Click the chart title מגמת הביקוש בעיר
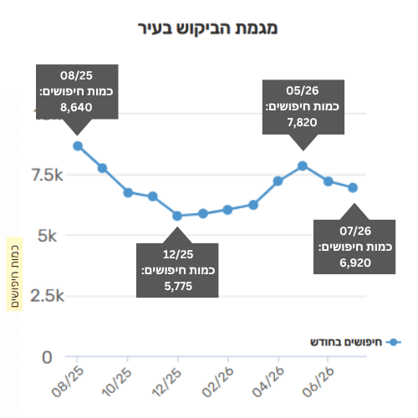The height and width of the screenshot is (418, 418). pos(208,28)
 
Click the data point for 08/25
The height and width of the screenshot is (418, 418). pos(78,146)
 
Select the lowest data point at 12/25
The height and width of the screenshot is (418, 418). pos(177,216)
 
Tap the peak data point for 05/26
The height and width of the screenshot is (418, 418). pos(303,166)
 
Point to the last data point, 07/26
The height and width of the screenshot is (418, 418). pos(353,188)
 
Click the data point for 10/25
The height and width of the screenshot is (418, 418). pos(128,192)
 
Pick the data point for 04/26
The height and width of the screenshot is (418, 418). pos(278,181)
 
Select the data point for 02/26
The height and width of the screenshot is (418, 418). pos(227,210)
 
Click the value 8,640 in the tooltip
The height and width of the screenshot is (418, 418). pos(76,107)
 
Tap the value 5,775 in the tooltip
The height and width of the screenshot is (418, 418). pos(178,286)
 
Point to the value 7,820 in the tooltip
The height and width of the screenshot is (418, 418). pos(303,122)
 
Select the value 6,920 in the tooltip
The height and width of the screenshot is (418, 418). pos(355,263)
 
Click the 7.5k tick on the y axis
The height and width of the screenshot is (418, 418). pos(48,176)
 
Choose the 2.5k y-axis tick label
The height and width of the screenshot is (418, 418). pos(48,296)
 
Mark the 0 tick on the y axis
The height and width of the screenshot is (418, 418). pos(47,357)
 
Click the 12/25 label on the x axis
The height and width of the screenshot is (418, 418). pos(166,382)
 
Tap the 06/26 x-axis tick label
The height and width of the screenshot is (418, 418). pos(318,381)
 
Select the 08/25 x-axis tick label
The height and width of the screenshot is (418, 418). pos(68,381)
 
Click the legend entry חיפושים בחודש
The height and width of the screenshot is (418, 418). pos(355,342)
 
